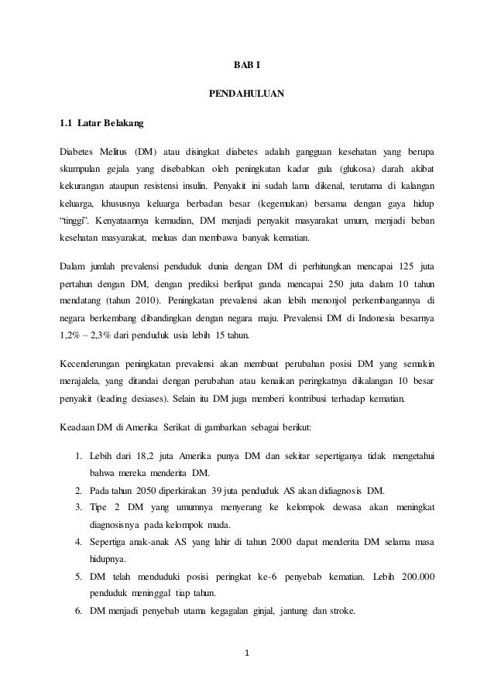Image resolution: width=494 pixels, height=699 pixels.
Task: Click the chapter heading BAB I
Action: point(247,63)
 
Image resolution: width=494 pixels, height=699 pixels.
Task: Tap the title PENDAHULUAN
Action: point(247,95)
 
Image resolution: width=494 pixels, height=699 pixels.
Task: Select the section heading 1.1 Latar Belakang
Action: point(101,122)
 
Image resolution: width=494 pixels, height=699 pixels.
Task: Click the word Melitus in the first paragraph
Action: point(114,149)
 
